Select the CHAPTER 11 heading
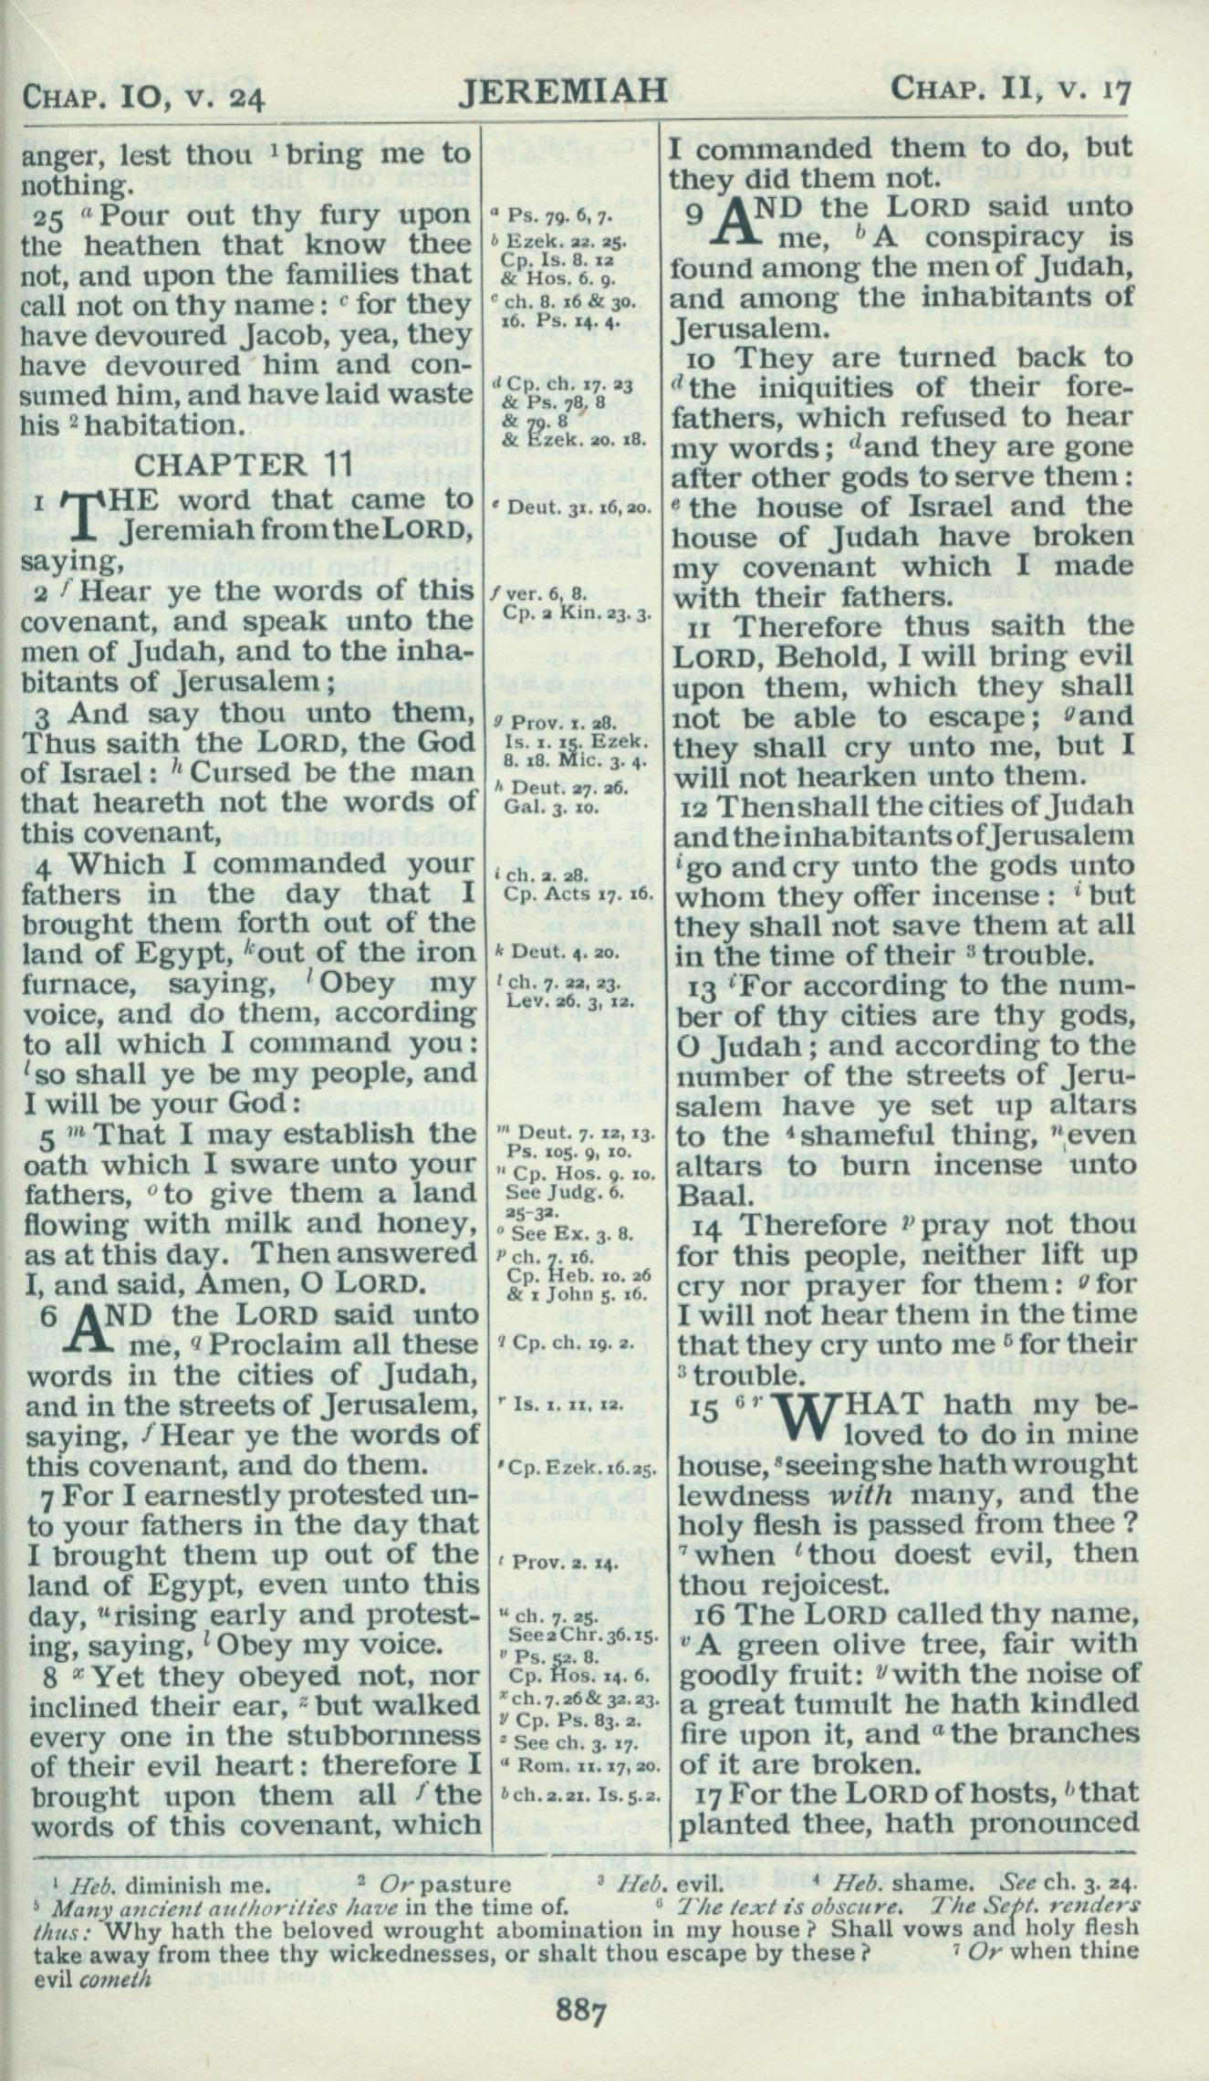[244, 465]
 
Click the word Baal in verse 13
[705, 1196]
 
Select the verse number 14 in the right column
[705, 1226]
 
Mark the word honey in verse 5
[422, 1223]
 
